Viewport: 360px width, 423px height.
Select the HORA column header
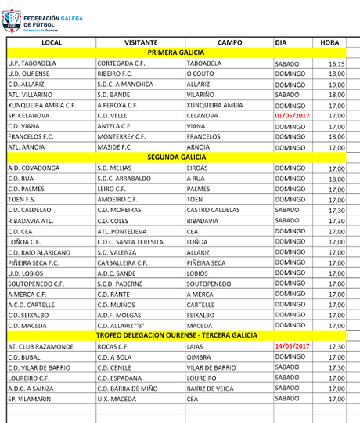[x=329, y=42]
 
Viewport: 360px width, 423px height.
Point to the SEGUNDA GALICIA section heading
[x=177, y=157]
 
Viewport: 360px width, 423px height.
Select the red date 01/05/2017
[x=293, y=115]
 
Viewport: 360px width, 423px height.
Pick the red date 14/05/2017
[x=293, y=345]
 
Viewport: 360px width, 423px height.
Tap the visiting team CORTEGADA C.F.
[x=122, y=63]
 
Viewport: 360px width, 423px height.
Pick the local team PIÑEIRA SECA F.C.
[x=38, y=262]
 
